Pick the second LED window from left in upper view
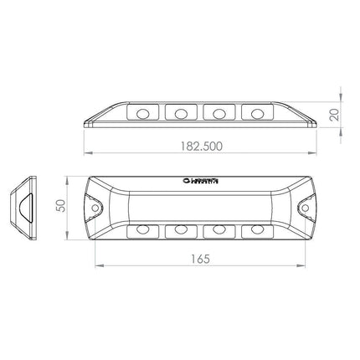[179, 111]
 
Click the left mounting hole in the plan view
[96, 206]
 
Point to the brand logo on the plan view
[200, 179]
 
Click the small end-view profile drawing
[27, 206]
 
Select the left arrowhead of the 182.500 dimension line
[86, 155]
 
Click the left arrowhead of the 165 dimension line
[95, 267]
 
